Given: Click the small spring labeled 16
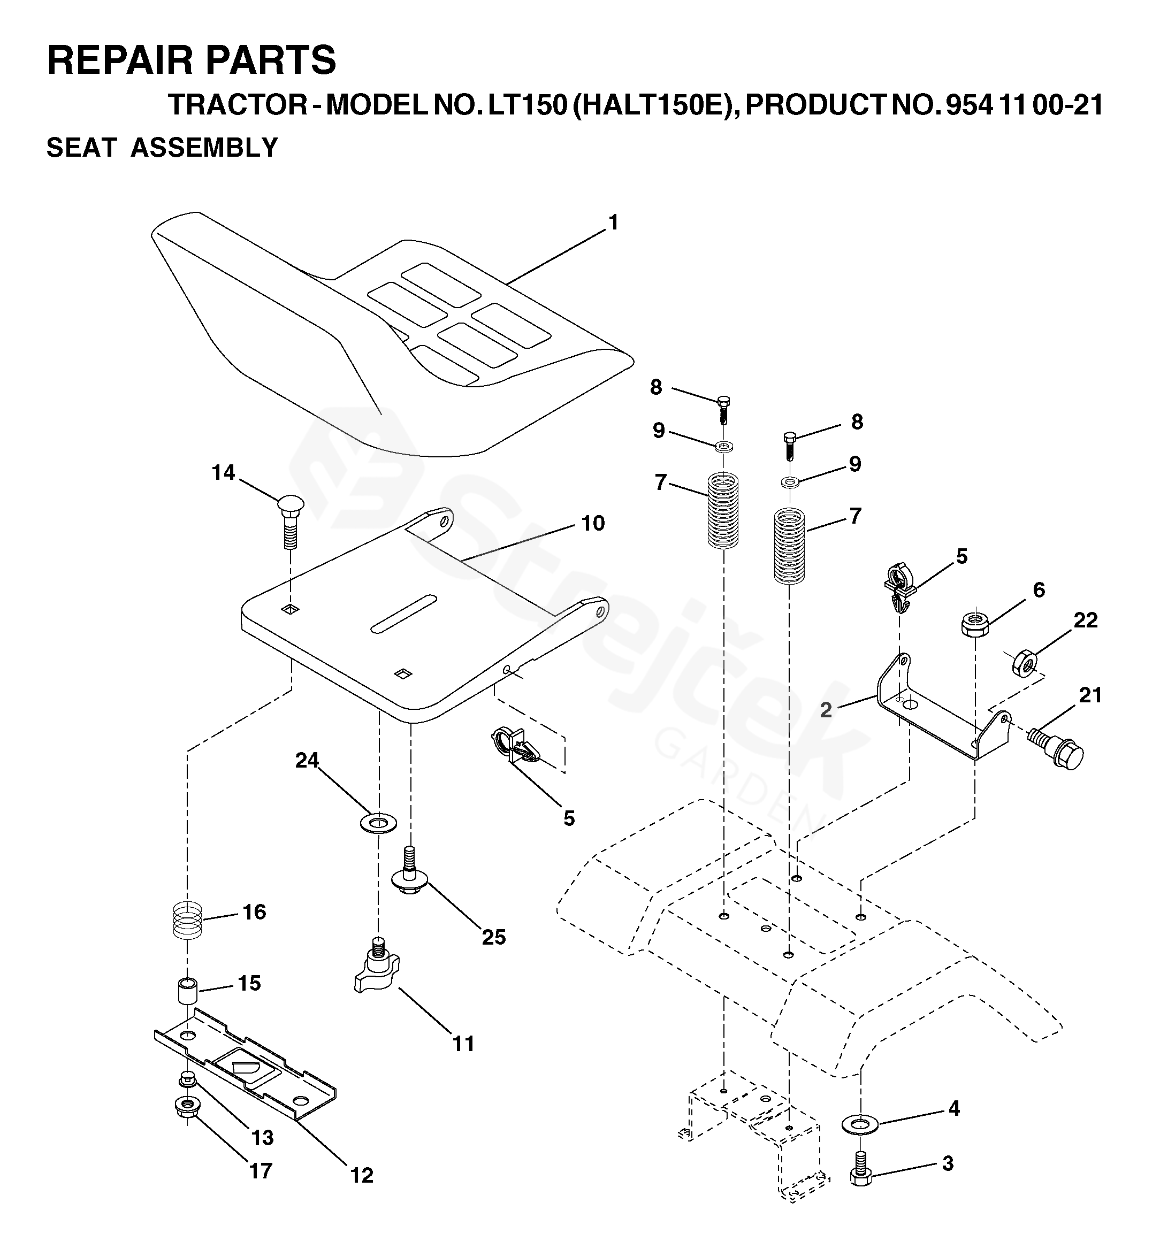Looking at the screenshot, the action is pos(188,920).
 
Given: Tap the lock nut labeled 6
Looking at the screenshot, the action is pos(975,623).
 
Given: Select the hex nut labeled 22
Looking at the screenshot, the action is pos(1025,663).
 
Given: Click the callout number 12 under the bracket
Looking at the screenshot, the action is pos(362,1176).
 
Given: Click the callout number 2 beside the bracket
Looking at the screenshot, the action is pos(826,710).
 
